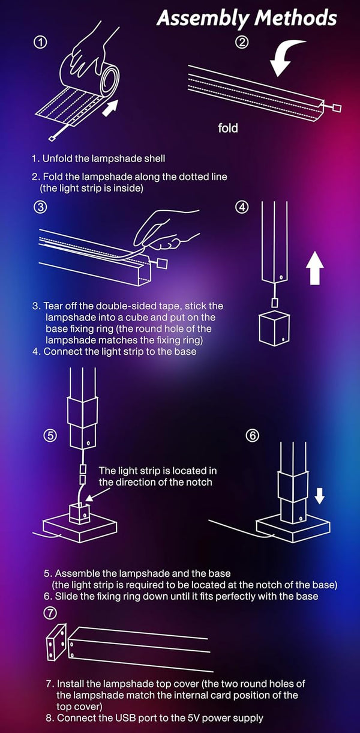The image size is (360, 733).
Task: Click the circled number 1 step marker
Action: click(x=41, y=42)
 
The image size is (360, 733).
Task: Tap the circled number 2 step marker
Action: click(x=242, y=42)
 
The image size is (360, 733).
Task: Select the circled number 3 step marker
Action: click(x=40, y=207)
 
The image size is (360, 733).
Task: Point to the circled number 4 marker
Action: click(x=242, y=207)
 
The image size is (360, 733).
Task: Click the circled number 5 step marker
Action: click(x=50, y=436)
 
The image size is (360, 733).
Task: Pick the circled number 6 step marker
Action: click(x=252, y=436)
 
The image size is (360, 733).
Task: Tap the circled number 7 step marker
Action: click(x=50, y=613)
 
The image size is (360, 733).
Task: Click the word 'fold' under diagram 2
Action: click(x=228, y=128)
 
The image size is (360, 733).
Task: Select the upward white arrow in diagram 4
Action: click(x=314, y=268)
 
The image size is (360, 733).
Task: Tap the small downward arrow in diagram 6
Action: click(x=319, y=495)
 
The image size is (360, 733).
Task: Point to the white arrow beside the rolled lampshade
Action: click(x=110, y=108)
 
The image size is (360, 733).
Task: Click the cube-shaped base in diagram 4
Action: click(x=274, y=328)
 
